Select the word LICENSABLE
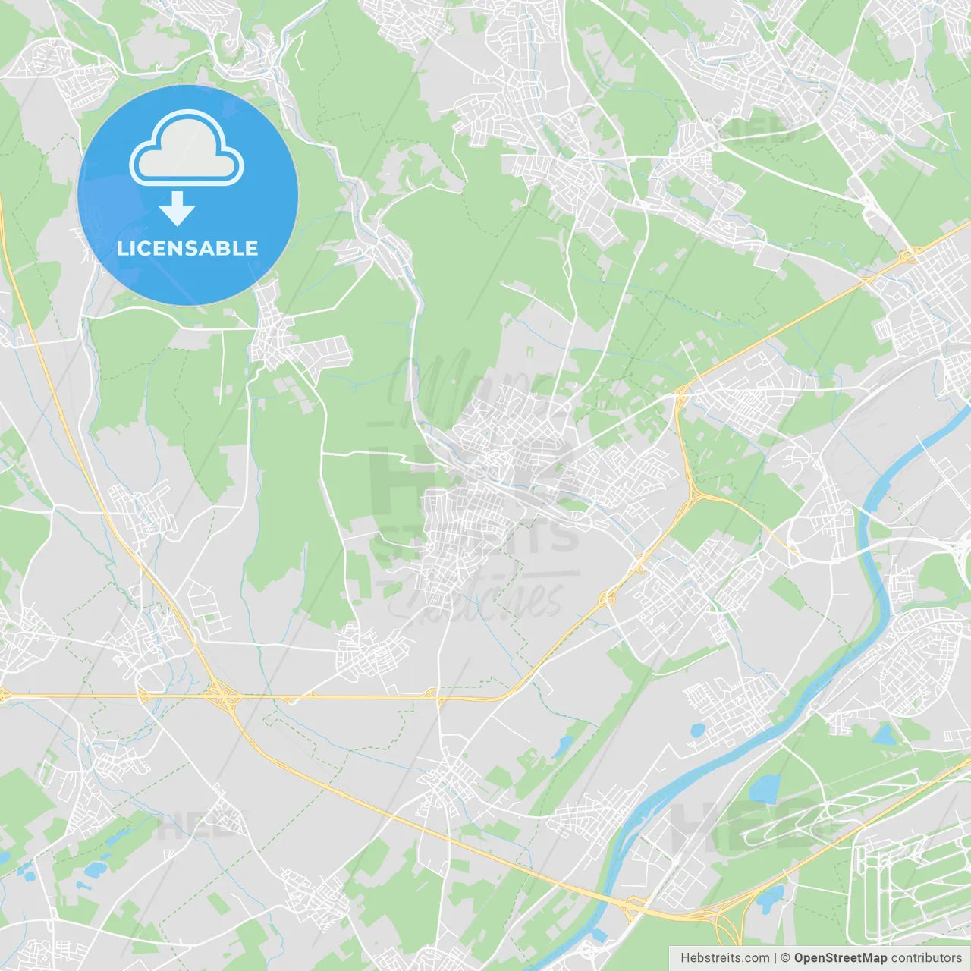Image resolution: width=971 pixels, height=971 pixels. coord(187,248)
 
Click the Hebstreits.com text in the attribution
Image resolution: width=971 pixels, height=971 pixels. coord(724,958)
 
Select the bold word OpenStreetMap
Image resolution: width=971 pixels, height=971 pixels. coord(840,958)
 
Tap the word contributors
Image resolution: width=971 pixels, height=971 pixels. coord(926,958)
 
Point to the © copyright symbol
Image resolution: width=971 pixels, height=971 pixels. coord(785,958)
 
